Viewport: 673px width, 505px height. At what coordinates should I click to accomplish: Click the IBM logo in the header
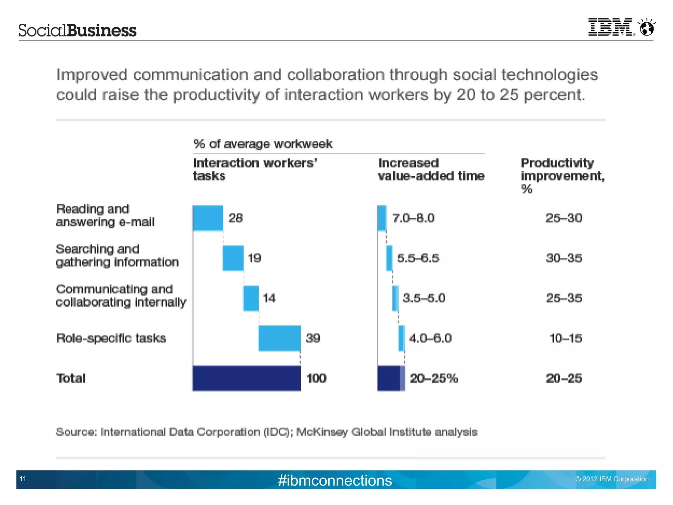(610, 27)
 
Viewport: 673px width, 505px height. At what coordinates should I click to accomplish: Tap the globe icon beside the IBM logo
(647, 27)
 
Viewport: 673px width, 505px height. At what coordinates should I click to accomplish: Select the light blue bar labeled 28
(208, 218)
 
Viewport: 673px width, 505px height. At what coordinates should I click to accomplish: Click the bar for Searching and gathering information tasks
(233, 258)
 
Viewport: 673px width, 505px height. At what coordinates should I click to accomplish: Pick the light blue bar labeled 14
(251, 298)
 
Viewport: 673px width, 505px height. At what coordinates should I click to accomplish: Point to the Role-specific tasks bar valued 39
(279, 338)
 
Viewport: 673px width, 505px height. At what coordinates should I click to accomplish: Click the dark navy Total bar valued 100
(246, 378)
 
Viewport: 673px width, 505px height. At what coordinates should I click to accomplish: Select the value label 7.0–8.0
(413, 218)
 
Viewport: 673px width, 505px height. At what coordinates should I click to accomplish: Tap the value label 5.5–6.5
(418, 258)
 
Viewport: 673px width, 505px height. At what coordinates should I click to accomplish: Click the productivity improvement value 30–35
(564, 258)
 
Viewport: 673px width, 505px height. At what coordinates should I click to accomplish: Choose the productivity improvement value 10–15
(566, 338)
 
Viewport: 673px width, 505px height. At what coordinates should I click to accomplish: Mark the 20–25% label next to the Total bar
(434, 378)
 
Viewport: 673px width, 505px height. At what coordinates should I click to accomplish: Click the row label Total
(71, 378)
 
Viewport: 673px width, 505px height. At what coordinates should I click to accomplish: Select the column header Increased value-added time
(431, 170)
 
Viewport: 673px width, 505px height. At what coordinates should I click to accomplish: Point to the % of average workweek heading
(263, 144)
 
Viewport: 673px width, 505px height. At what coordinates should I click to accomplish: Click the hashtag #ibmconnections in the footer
(335, 480)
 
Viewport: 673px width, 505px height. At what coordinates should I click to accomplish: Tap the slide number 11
(23, 479)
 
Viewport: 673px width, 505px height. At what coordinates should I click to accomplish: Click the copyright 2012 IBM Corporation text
(612, 479)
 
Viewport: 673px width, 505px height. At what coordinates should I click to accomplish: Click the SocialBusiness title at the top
(77, 30)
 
